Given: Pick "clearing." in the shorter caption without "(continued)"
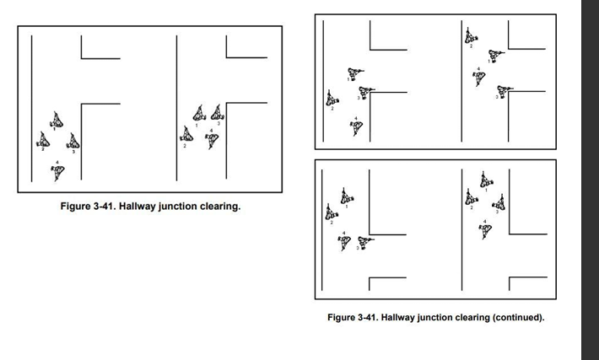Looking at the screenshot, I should click(x=218, y=205).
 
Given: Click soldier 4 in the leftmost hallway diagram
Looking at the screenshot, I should click(x=57, y=171).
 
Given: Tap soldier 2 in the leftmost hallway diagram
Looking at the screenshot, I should click(x=42, y=140).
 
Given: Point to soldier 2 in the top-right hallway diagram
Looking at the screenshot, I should click(x=469, y=36).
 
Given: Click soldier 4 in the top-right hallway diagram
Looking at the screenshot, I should click(x=479, y=77).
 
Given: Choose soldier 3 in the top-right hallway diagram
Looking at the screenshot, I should click(x=505, y=89).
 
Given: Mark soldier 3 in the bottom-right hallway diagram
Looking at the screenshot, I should click(x=499, y=202).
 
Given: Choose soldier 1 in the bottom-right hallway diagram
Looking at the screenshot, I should click(x=484, y=180).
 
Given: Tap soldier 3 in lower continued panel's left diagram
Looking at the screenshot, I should click(x=365, y=242).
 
